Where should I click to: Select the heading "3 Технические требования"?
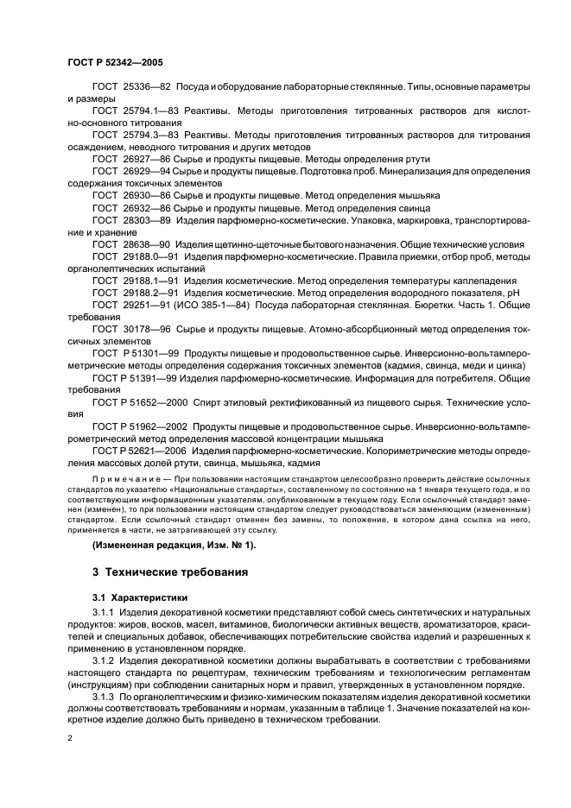(x=170, y=571)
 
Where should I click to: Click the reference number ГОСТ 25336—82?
(x=131, y=88)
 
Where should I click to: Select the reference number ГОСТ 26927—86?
(x=131, y=161)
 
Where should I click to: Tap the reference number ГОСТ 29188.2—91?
(x=136, y=293)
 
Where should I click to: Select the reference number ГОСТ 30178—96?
(x=131, y=330)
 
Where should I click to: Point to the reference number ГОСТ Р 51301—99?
(x=137, y=354)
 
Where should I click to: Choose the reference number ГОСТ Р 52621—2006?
(x=141, y=451)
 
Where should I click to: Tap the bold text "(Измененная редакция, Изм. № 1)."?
(x=174, y=545)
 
